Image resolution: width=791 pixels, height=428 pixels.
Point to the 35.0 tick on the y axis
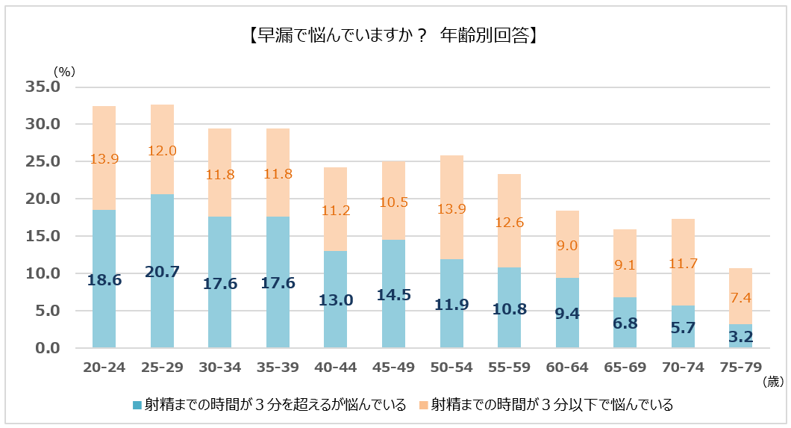pyautogui.click(x=43, y=87)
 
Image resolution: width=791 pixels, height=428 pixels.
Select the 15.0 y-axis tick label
pyautogui.click(x=43, y=236)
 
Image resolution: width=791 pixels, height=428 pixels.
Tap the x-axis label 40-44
pyautogui.click(x=335, y=368)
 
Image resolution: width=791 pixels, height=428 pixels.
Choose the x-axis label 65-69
pyautogui.click(x=625, y=368)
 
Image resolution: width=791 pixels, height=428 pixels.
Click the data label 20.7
pyautogui.click(x=162, y=273)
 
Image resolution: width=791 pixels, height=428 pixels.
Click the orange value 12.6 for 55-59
pyautogui.click(x=509, y=221)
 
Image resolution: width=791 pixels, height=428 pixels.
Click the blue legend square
pyautogui.click(x=137, y=405)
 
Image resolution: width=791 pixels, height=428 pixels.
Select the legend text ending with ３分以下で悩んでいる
pyautogui.click(x=552, y=405)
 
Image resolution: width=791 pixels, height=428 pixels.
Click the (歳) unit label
pyautogui.click(x=773, y=382)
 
